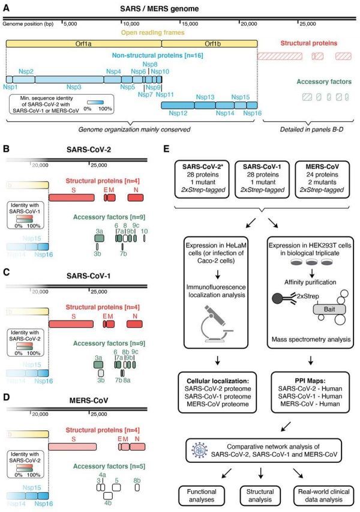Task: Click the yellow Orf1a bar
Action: tap(84, 44)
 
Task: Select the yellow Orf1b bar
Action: tap(209, 44)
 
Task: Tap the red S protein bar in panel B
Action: tap(74, 197)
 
